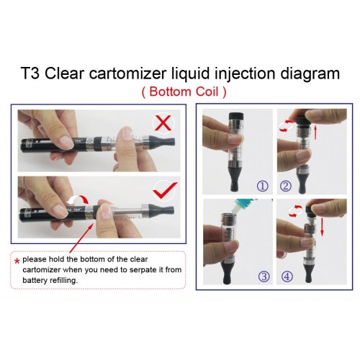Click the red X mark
click(163, 122)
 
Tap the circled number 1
click(262, 186)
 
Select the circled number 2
click(286, 186)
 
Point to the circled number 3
click(264, 276)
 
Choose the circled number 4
click(287, 276)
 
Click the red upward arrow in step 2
click(315, 132)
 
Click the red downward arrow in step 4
click(322, 228)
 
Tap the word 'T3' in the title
click(30, 73)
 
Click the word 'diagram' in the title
click(310, 74)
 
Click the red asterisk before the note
click(17, 261)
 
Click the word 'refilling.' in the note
click(63, 280)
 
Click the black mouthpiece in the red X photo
click(162, 141)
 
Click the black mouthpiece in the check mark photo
click(161, 210)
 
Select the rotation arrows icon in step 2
click(287, 125)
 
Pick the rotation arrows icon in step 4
click(295, 211)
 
